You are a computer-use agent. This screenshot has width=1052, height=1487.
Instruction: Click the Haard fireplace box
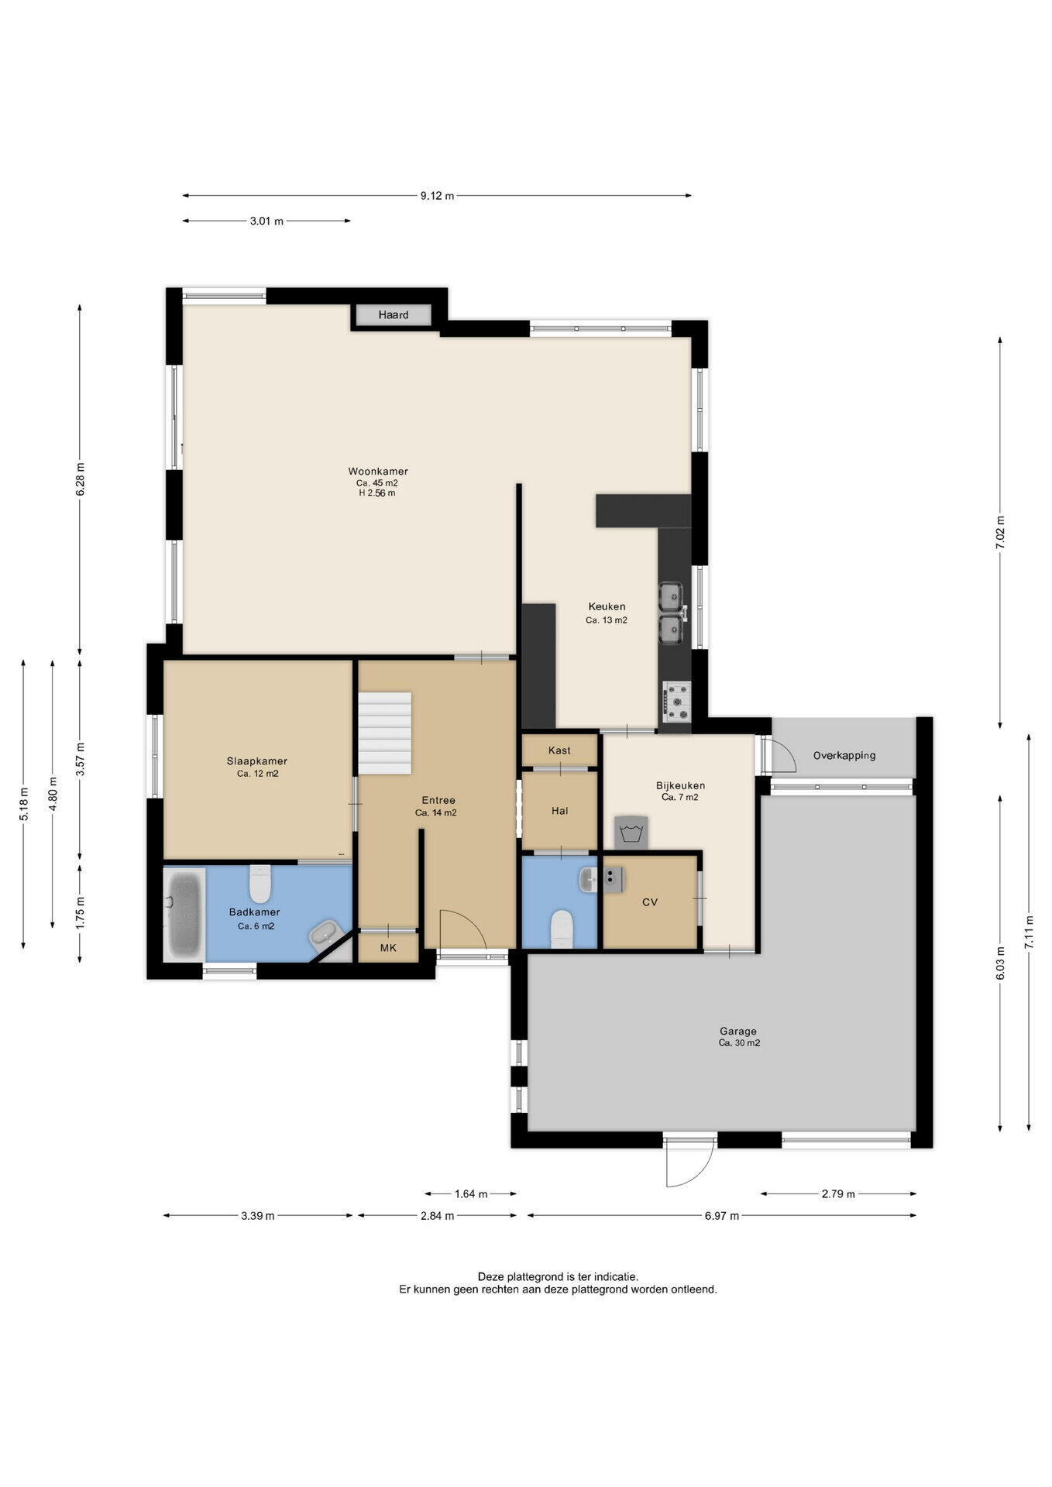click(x=393, y=315)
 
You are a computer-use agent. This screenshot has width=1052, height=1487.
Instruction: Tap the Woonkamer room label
click(x=378, y=471)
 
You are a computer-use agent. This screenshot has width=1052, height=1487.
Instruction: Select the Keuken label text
click(x=607, y=606)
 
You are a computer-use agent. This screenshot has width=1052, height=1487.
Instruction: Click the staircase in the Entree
click(x=384, y=733)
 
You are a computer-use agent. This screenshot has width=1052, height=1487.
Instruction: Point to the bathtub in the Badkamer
click(x=184, y=913)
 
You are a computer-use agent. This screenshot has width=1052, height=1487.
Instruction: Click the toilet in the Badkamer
click(x=260, y=884)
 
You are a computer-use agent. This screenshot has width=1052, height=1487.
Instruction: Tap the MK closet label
click(x=388, y=948)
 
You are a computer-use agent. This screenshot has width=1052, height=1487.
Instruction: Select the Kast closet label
click(x=559, y=750)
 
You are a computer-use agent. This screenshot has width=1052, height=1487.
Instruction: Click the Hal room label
click(x=559, y=811)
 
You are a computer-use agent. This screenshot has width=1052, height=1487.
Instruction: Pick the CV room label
click(x=650, y=901)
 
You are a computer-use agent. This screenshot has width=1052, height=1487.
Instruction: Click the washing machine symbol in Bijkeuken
click(x=631, y=832)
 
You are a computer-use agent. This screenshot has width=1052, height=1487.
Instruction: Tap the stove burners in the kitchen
click(x=676, y=700)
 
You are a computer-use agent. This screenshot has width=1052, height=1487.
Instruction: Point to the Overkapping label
click(x=844, y=755)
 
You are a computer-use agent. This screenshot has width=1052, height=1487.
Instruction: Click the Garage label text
click(x=738, y=1031)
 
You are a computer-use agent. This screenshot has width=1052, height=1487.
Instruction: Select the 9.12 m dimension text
click(x=437, y=196)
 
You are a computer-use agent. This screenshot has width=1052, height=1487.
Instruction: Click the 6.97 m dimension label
click(x=722, y=1215)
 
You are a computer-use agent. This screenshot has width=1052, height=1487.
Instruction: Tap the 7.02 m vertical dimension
click(x=1000, y=533)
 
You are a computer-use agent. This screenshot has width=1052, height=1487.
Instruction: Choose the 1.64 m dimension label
click(x=471, y=1193)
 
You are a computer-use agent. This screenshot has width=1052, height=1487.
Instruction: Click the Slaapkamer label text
click(x=257, y=761)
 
